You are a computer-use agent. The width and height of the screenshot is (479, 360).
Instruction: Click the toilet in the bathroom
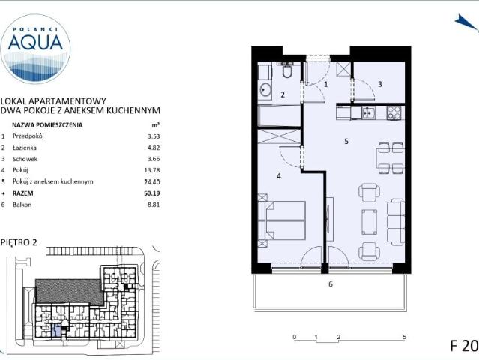point(287,70)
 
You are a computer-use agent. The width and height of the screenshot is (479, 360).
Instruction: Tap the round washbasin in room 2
point(265,90)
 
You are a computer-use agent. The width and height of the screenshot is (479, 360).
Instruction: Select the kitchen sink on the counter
point(368,112)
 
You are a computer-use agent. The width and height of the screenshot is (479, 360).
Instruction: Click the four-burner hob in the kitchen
point(394,112)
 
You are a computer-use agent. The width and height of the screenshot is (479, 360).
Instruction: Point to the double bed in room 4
point(282,220)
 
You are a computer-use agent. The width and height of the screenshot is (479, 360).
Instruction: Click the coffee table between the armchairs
point(370,222)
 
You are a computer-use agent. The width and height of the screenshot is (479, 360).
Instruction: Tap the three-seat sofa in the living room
point(396,222)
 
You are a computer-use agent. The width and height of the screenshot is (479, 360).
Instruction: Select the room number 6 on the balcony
point(331,284)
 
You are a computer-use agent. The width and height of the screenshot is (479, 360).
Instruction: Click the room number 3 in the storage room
point(380,84)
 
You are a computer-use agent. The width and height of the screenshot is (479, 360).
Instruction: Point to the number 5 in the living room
point(346,141)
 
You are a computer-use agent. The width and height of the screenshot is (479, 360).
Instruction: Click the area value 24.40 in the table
point(152,181)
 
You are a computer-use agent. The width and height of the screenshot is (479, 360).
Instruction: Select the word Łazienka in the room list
point(25,148)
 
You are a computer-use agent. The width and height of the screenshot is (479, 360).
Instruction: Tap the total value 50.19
point(152,193)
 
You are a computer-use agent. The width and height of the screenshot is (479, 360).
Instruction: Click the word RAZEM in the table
point(23,193)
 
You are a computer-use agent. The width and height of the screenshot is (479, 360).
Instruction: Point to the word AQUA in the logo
point(35,42)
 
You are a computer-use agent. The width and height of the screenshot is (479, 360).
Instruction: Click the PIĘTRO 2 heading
point(19,242)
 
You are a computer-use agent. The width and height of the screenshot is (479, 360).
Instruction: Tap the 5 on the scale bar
point(405,337)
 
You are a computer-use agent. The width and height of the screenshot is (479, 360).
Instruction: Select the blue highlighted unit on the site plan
point(56,331)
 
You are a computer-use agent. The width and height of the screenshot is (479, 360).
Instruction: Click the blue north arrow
point(466,22)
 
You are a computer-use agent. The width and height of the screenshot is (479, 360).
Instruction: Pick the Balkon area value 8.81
point(154,205)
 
